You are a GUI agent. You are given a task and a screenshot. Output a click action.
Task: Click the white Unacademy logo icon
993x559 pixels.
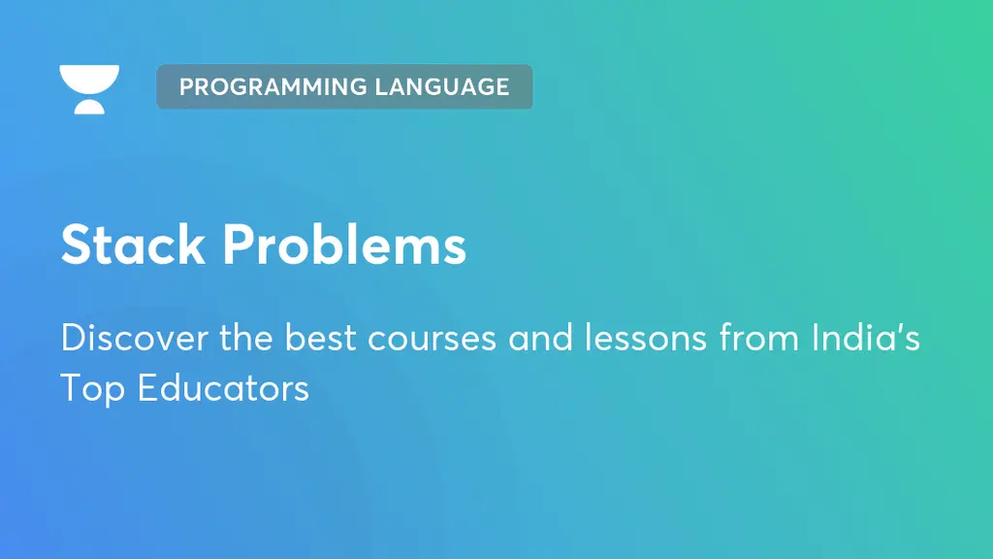[x=89, y=89]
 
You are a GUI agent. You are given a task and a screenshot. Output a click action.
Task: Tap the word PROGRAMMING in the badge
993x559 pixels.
[x=272, y=86]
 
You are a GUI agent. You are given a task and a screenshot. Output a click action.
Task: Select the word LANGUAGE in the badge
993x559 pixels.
[x=442, y=86]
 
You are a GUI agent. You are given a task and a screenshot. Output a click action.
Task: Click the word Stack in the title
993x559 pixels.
[x=133, y=244]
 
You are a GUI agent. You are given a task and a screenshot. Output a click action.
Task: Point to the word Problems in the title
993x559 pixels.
[x=344, y=244]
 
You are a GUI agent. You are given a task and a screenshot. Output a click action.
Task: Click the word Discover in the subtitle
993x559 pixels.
[x=134, y=337]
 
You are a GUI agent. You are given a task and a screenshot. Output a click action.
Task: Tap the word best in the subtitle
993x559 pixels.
[x=320, y=337]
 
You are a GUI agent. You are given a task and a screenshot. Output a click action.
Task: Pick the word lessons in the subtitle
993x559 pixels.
[x=645, y=337]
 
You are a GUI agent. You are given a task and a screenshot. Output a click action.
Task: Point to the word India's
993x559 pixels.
[x=866, y=337]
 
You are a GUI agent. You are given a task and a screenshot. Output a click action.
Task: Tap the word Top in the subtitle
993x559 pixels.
[x=92, y=389]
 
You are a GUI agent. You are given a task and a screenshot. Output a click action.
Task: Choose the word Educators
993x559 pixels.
[x=223, y=388]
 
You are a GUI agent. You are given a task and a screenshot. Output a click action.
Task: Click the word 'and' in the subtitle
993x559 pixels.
[x=540, y=337]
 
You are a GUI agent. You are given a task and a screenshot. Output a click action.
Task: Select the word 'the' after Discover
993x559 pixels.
[x=246, y=337]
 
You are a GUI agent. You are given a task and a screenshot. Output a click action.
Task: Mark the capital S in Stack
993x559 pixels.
[x=77, y=244]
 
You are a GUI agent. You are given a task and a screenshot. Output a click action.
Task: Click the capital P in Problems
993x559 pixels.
[x=239, y=244]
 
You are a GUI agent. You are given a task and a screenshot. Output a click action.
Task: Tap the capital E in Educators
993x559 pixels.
[x=147, y=388]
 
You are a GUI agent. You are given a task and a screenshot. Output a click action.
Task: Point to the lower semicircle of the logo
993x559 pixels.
[x=89, y=107]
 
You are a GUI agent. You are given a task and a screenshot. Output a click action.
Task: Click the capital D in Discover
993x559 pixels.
[x=74, y=337]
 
